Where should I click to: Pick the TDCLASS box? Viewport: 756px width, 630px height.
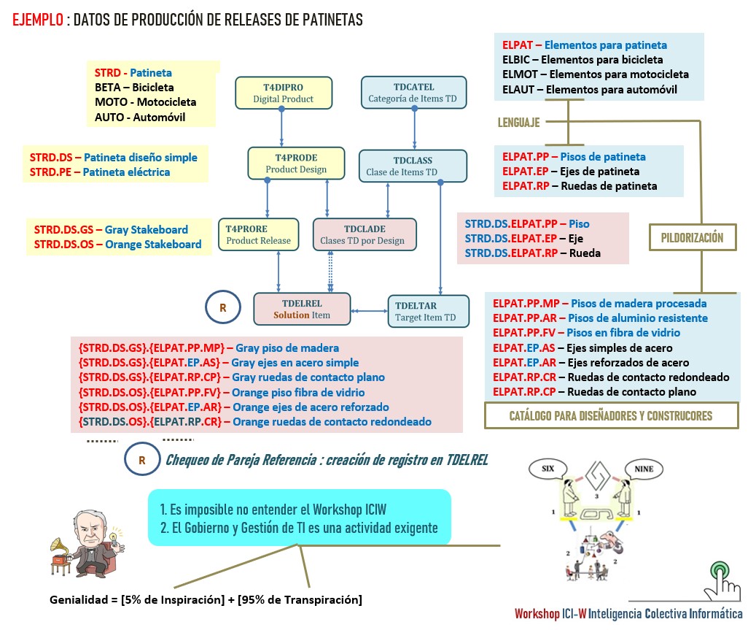[x=412, y=166]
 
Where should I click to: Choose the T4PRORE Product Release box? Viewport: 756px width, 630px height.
[x=258, y=234]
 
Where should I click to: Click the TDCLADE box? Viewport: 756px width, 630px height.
[x=364, y=234]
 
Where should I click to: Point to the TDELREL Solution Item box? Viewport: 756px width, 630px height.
[x=302, y=309]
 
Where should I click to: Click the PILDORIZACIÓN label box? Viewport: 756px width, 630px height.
[x=693, y=238]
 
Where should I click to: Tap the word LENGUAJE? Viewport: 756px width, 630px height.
[x=519, y=123]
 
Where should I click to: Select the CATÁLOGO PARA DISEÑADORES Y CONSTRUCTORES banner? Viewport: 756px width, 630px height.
[x=611, y=415]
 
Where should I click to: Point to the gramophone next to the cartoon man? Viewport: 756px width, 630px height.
[x=62, y=555]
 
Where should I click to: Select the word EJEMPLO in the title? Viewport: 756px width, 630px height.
[x=37, y=20]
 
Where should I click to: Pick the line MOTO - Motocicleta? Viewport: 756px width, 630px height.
[x=145, y=102]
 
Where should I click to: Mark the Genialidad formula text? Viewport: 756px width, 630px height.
[x=206, y=600]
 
